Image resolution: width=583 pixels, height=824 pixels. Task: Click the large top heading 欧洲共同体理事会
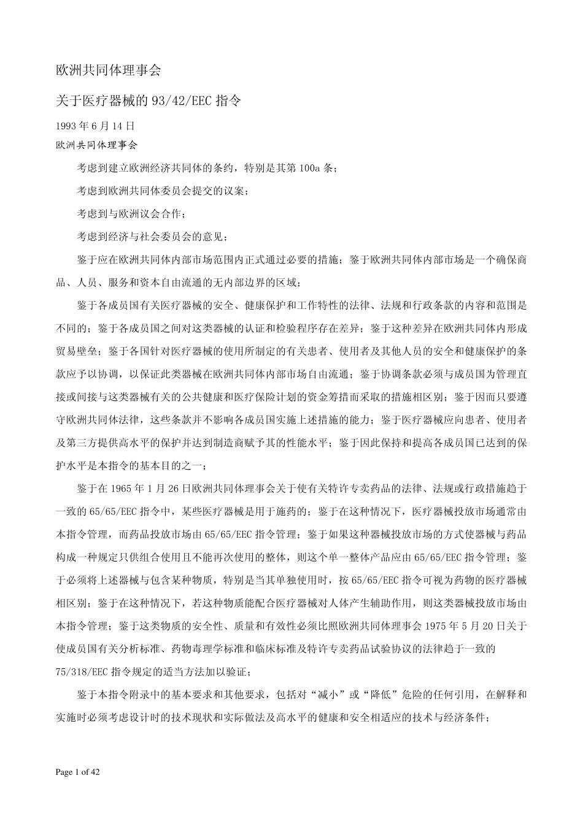click(x=108, y=71)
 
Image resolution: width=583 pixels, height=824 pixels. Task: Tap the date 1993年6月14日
click(x=95, y=126)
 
